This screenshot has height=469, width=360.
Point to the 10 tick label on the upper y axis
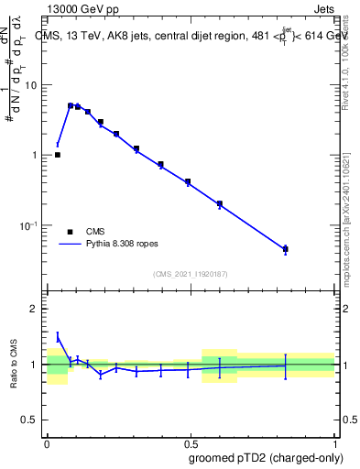(x=31, y=85)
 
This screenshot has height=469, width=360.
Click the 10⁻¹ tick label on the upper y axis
(x=29, y=225)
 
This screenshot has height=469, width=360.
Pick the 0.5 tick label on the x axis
(x=191, y=442)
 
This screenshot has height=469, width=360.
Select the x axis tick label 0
(x=47, y=442)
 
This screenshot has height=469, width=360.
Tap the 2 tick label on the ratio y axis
(x=34, y=309)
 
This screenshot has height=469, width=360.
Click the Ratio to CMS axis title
(x=13, y=365)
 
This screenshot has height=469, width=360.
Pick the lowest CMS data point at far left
(x=58, y=155)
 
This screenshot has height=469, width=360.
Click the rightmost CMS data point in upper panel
(x=285, y=249)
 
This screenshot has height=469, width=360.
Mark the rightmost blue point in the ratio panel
(x=285, y=365)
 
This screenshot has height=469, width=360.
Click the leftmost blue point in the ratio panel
(x=58, y=337)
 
